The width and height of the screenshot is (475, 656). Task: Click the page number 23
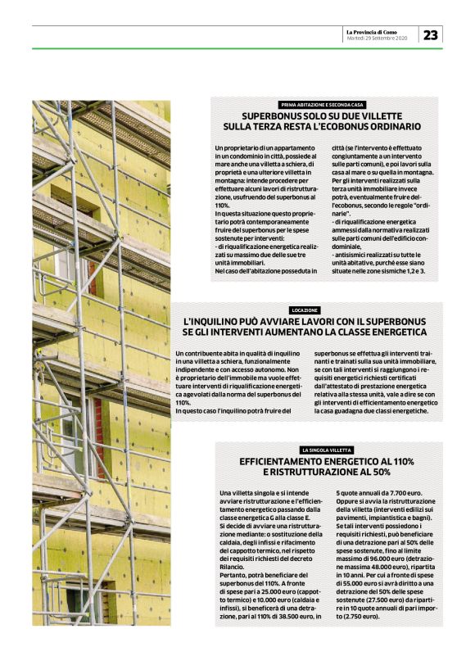click(x=431, y=34)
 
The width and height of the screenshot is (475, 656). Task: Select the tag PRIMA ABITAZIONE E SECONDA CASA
click(x=322, y=105)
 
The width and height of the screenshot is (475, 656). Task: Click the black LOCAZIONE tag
click(x=305, y=310)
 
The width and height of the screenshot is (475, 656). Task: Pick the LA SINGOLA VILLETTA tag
click(x=326, y=450)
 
